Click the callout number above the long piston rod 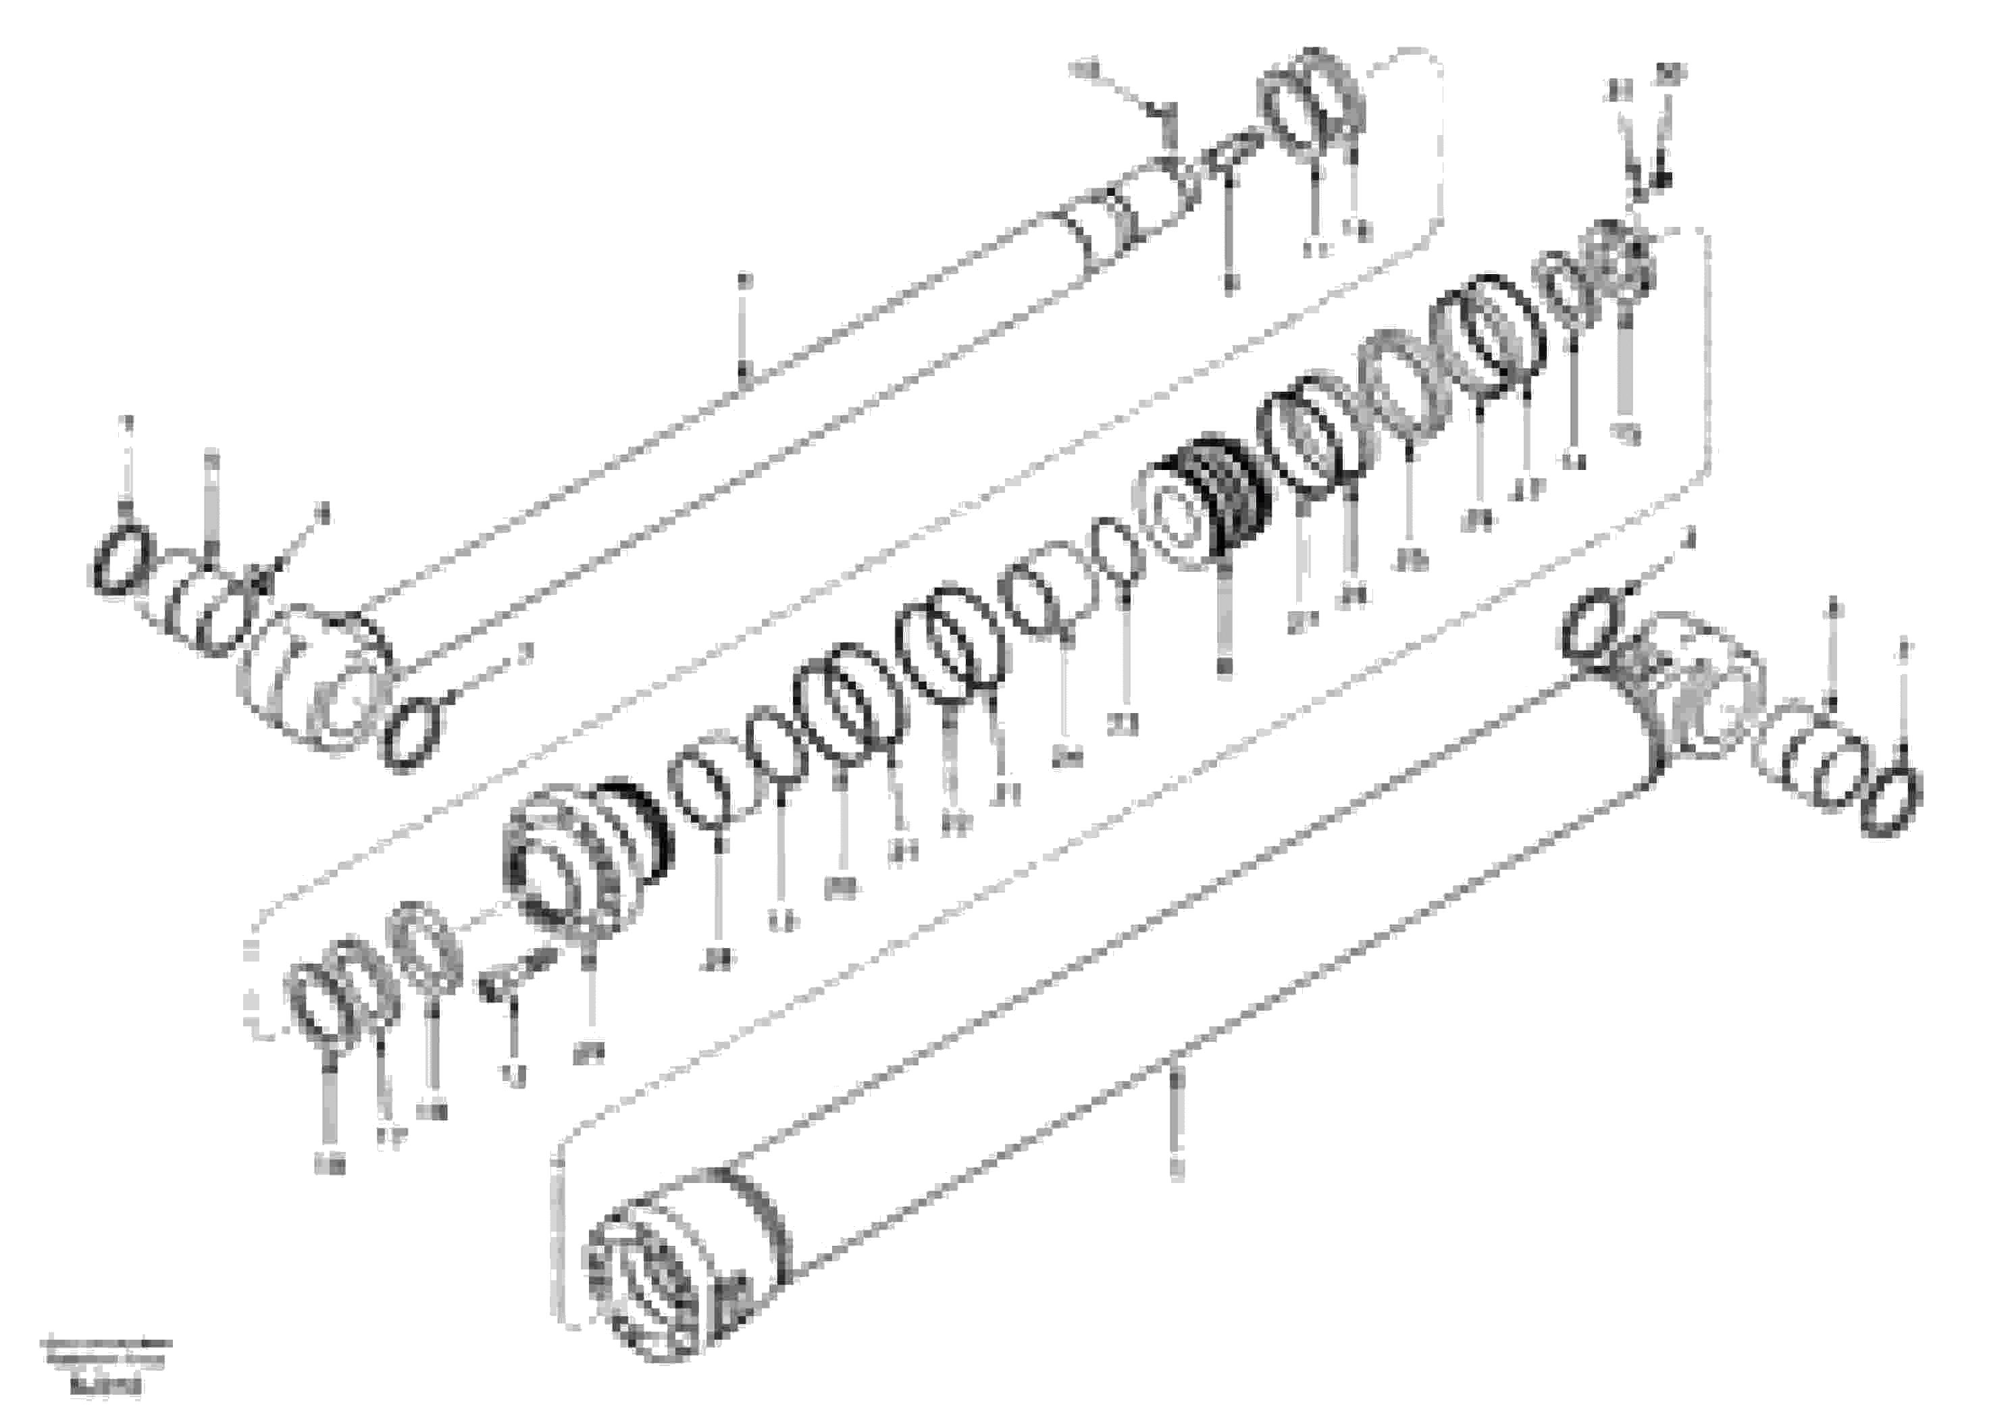tap(743, 281)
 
